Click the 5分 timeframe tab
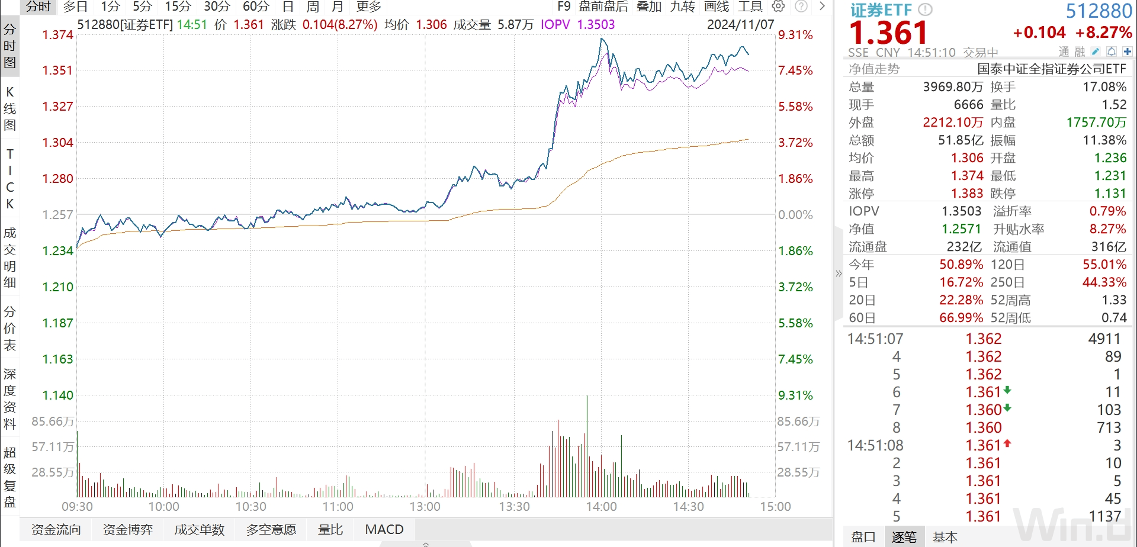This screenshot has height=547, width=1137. coord(142,7)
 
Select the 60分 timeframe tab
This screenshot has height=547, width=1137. coord(256,7)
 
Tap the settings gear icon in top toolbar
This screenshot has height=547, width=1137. coord(778,7)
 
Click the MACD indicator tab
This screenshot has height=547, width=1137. coord(384,529)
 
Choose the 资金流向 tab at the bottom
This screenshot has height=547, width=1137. coord(56,529)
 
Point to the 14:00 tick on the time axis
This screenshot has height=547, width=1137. coord(601,507)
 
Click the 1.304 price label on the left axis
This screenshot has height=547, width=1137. coord(57,143)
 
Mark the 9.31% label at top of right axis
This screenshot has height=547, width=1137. coord(795,35)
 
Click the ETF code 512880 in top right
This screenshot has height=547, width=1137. coord(1099,11)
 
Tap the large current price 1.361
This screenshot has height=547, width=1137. coord(888,33)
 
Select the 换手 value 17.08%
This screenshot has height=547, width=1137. coord(1104,87)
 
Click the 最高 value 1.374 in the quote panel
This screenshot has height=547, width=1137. coord(967,176)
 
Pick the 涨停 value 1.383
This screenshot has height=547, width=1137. coord(967,194)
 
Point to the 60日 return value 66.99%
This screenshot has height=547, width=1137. coord(961,318)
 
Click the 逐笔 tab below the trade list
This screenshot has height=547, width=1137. coord(904,537)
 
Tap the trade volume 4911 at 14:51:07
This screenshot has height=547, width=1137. coord(1104,339)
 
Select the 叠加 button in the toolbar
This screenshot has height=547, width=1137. coord(649,7)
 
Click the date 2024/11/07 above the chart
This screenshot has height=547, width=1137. coord(740,25)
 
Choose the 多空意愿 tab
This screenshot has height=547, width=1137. coord(271,529)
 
